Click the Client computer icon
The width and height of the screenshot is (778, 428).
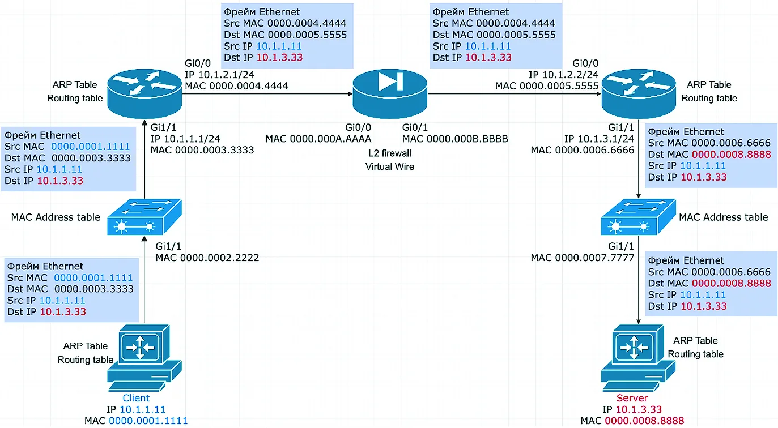144,358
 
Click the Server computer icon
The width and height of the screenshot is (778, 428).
639,358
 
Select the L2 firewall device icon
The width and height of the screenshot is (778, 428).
390,94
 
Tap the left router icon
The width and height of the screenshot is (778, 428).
144,94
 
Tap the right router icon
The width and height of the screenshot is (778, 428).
639,94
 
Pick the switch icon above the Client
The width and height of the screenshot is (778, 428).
144,217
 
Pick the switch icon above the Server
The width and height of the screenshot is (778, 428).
639,217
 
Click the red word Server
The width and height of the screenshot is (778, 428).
632,398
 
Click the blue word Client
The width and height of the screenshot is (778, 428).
136,398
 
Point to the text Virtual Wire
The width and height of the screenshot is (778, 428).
390,166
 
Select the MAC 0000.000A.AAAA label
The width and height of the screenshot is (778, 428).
318,139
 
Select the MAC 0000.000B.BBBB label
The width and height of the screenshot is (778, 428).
455,139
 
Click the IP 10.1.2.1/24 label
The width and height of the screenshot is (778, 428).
219,75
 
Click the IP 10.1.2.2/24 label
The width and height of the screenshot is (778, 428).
564,75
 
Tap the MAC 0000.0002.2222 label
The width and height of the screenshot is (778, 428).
207,258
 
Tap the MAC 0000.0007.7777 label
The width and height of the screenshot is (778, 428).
583,258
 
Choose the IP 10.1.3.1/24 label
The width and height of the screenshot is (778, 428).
599,139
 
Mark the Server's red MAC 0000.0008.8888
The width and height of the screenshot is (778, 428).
644,421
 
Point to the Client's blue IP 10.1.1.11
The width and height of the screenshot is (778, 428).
142,409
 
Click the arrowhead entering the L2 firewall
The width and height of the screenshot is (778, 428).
350,94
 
